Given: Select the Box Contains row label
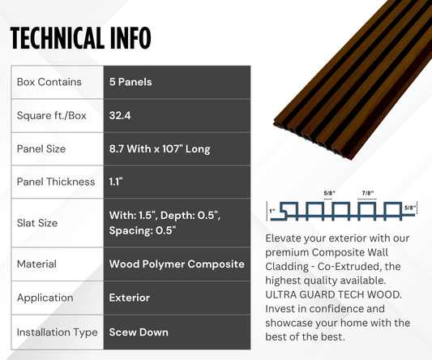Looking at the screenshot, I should click(x=49, y=82).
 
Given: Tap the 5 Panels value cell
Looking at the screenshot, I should click(x=130, y=82).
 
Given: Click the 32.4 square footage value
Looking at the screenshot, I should click(x=121, y=115).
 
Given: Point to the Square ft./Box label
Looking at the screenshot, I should click(x=51, y=115).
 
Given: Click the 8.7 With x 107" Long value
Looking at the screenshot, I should click(x=165, y=149).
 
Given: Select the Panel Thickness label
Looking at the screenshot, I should click(x=55, y=182).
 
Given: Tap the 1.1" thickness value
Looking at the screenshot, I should click(x=117, y=182).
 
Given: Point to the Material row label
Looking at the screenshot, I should click(x=36, y=264).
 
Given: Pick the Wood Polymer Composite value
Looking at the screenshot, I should click(x=176, y=264).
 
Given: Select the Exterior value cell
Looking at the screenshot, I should click(x=130, y=298).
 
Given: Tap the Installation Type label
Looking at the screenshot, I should click(x=56, y=332).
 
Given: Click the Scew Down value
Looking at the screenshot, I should click(x=138, y=332).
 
